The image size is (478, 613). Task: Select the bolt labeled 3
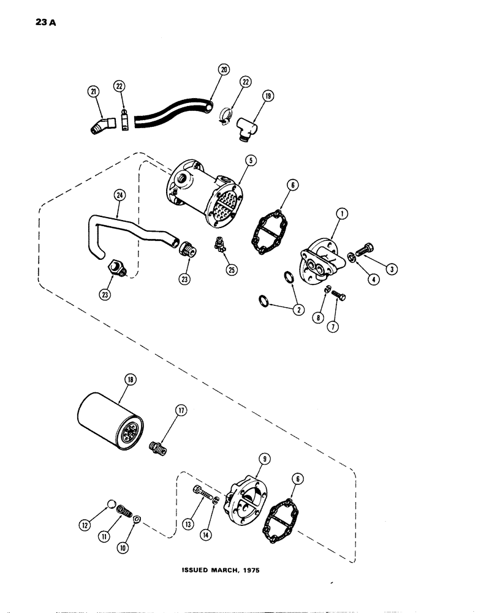[363, 251]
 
